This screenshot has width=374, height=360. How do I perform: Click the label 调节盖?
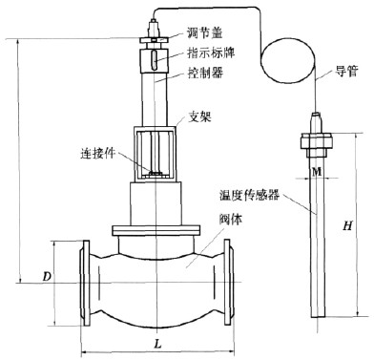tap(205, 33)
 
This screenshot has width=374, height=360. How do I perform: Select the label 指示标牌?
tap(211, 53)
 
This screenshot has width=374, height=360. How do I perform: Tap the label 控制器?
tap(205, 73)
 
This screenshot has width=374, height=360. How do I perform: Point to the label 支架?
tap(199, 116)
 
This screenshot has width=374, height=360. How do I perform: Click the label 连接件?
tap(97, 154)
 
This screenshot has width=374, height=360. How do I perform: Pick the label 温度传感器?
tap(249, 195)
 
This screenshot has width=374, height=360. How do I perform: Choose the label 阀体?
tap(231, 219)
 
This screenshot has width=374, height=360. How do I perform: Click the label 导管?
tap(346, 71)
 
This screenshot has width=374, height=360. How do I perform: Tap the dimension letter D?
tap(47, 277)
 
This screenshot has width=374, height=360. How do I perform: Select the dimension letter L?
tap(157, 344)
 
